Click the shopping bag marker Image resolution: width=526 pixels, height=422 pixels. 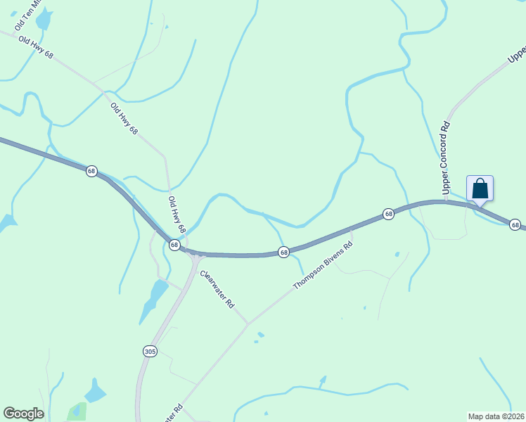tap(480, 188)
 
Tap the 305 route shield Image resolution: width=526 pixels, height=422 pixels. tap(149, 351)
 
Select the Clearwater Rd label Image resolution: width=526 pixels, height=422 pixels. tap(217, 289)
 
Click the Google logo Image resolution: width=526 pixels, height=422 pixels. tap(23, 414)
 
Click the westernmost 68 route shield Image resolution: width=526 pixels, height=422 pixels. tap(91, 172)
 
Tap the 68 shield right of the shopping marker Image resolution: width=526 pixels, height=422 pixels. tap(515, 225)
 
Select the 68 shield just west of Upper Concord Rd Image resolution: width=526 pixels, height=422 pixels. tap(387, 214)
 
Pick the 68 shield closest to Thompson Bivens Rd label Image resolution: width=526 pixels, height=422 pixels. tap(283, 252)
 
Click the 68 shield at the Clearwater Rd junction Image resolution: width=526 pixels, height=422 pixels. tap(174, 244)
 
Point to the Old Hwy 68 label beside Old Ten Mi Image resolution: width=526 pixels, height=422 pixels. tap(36, 47)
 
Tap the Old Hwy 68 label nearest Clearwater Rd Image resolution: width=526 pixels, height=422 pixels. tap(177, 215)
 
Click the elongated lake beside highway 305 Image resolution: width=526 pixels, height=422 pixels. tap(151, 300)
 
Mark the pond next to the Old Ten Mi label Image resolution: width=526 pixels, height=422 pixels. tap(44, 20)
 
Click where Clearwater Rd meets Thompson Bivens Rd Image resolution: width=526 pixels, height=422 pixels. tap(248, 324)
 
